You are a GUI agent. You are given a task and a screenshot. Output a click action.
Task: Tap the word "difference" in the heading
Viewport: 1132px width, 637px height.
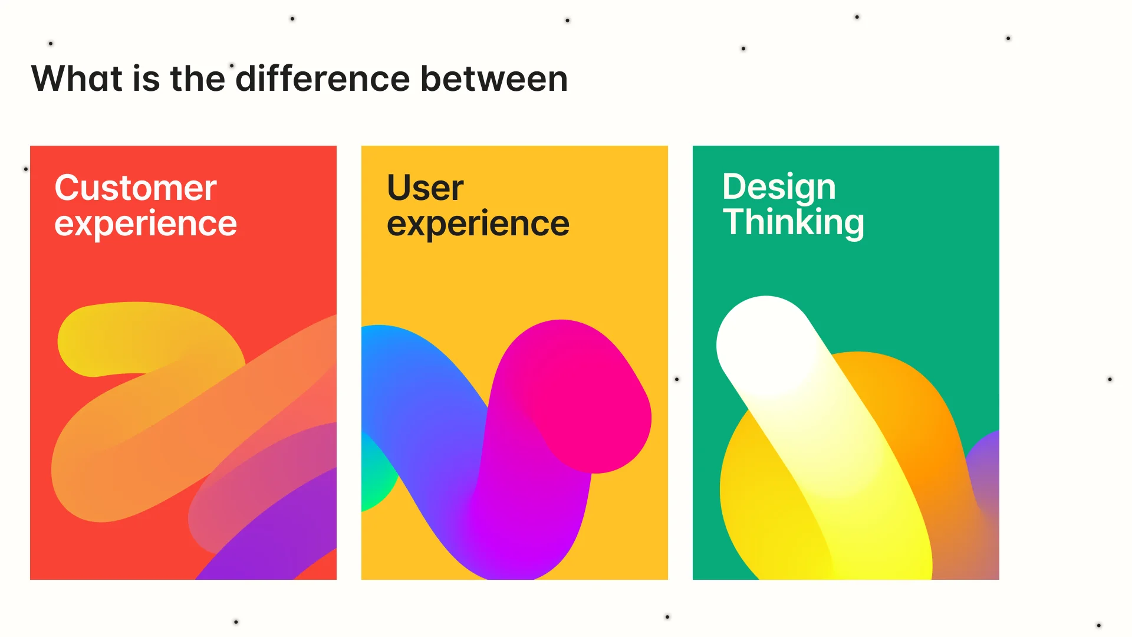(323, 78)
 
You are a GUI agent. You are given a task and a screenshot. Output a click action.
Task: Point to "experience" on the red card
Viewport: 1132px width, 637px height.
(146, 224)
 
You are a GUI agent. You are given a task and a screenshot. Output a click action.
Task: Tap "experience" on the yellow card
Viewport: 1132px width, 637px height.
(478, 224)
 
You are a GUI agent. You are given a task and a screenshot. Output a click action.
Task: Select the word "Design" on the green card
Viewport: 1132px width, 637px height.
(779, 187)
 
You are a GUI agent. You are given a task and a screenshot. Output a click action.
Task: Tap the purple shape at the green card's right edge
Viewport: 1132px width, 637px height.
(986, 466)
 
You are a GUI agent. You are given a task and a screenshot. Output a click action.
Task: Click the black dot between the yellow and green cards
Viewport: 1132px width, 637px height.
(677, 379)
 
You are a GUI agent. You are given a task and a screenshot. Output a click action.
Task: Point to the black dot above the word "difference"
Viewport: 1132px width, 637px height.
(232, 65)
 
